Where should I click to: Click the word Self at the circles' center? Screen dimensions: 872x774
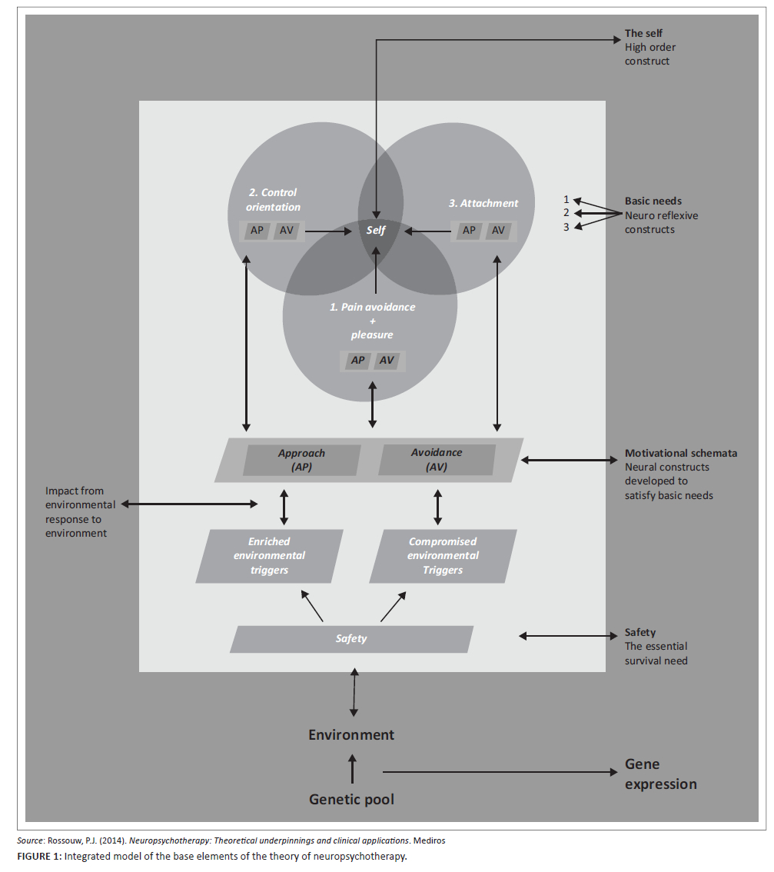pos(376,231)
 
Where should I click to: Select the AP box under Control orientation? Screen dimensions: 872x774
pos(257,230)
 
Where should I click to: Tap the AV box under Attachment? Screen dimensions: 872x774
pos(498,230)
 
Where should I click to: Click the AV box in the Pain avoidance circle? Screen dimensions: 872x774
pos(387,360)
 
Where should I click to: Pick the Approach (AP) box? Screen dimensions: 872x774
pos(302,460)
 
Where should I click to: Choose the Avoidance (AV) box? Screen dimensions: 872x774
pos(437,460)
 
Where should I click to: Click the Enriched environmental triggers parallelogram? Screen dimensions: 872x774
pos(268,556)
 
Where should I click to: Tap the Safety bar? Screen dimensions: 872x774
pos(351,639)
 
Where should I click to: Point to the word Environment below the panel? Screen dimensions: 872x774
pos(351,735)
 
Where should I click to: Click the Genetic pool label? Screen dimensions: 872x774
pos(351,800)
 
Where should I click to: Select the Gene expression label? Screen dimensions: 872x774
pos(660,774)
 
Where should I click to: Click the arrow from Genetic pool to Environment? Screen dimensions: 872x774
pos(353,768)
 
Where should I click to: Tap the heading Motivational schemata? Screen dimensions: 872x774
pos(680,454)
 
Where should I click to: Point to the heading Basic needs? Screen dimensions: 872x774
pos(653,201)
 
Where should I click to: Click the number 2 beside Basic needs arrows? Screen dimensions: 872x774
pos(566,213)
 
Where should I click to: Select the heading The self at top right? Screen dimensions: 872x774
pos(643,33)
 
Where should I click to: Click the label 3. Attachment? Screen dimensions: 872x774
pos(483,204)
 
